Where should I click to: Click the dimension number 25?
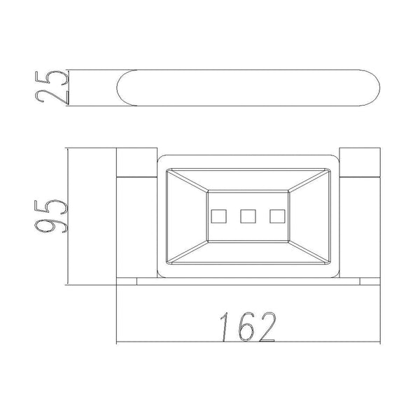pos(52,87)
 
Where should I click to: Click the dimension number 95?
pos(51,216)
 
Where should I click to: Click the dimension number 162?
pos(248,327)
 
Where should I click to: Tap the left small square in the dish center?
pos(219,216)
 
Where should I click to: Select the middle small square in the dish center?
pos(248,216)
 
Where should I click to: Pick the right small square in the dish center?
pos(277,216)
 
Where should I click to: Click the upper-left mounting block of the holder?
pos(137,162)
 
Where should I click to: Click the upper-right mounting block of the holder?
pos(360,162)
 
